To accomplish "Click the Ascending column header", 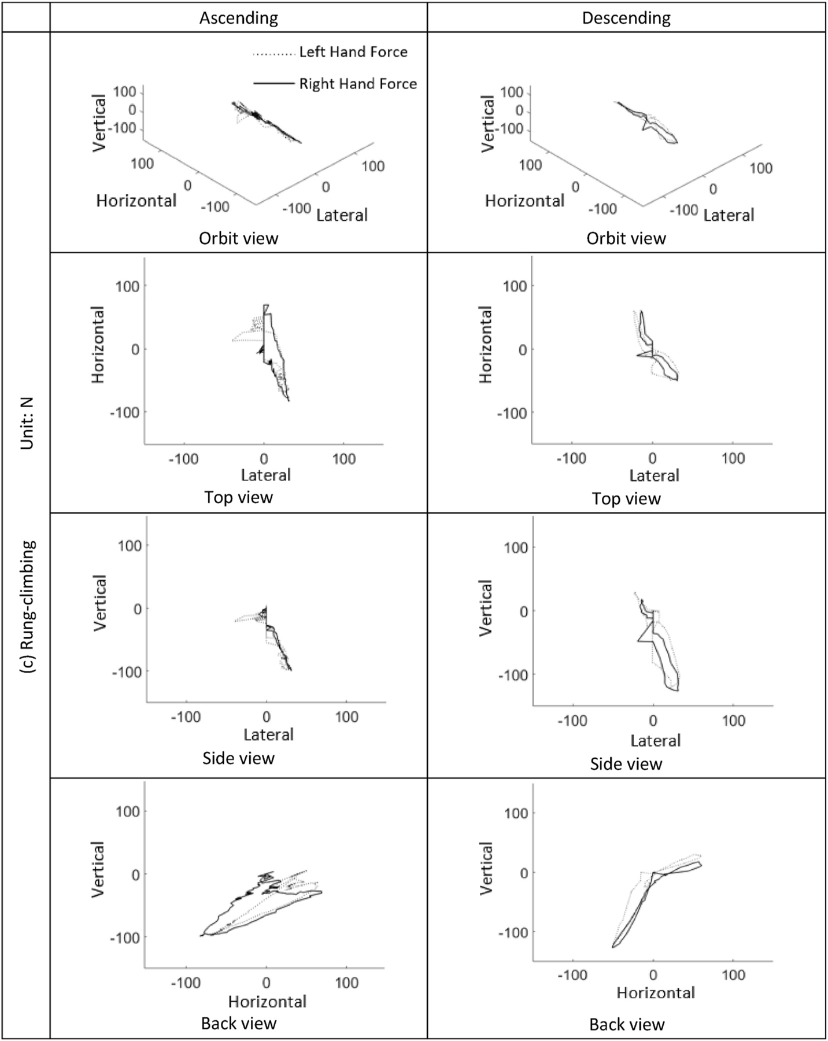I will click(238, 18).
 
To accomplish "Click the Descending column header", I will click(626, 18).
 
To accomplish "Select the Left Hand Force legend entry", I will click(353, 52).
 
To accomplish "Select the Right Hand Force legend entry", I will click(357, 84).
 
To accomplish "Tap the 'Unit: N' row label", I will click(27, 423).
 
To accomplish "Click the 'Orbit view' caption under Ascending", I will click(238, 238).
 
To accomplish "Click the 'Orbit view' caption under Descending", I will click(626, 238).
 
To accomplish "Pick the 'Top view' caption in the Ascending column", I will click(238, 497).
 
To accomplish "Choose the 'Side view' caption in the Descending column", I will click(626, 764).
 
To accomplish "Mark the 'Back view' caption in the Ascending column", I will click(238, 1023).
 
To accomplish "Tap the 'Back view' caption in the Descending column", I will click(627, 1024).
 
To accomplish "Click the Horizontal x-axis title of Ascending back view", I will click(267, 1001).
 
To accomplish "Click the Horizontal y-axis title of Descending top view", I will click(486, 345).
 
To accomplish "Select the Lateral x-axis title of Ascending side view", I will click(268, 734).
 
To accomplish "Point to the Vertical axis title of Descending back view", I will click(487, 869).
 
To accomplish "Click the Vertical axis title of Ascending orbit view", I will click(99, 123).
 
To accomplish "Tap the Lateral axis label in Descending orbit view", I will click(729, 215).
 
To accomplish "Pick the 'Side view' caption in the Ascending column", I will click(238, 758).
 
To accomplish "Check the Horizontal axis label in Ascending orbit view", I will click(136, 201).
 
